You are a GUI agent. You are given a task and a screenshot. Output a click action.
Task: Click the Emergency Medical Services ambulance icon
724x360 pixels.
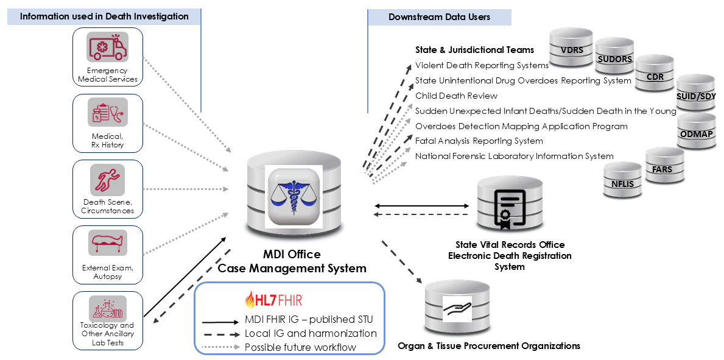107,48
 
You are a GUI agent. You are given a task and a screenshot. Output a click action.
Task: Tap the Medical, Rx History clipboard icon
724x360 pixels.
107,113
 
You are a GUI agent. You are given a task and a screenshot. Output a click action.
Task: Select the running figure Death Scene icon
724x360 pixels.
107,179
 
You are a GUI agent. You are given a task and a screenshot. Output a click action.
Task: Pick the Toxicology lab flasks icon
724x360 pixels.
107,309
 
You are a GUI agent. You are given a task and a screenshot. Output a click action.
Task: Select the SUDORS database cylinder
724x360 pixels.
615,59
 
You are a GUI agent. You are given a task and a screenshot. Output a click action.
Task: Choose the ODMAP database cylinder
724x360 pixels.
698,132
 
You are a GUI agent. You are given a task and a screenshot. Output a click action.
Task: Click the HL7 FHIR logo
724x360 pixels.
273,299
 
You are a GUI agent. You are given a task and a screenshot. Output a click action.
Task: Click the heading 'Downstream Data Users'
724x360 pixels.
439,17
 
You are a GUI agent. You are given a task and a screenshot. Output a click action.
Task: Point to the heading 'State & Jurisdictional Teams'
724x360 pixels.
474,50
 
